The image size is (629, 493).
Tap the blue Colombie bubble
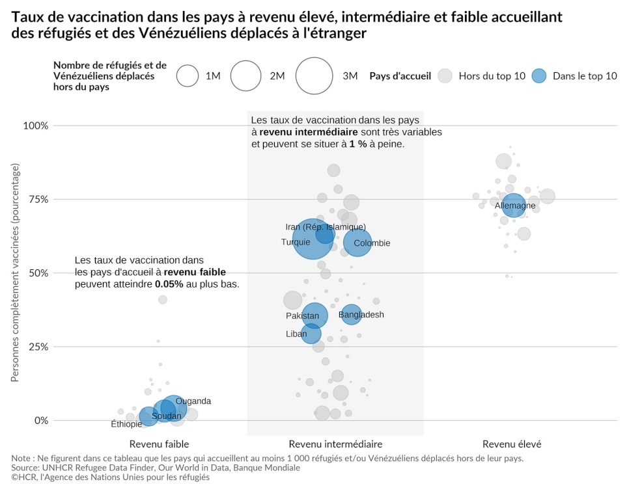point(357,243)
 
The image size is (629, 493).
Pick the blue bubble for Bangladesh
point(351,315)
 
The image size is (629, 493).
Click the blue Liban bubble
point(311,334)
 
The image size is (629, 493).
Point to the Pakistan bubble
point(314,315)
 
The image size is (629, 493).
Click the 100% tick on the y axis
point(36,126)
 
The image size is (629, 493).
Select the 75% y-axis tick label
point(37,199)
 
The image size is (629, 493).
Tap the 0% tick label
point(41,420)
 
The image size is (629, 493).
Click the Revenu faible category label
point(159,444)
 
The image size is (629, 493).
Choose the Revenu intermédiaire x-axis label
point(335,444)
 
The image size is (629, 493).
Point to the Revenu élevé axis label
point(512,444)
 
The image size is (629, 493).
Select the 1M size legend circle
point(188,76)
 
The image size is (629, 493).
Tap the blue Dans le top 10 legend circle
point(539,76)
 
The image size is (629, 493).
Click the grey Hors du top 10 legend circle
point(445,76)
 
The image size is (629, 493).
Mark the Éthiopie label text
point(126,424)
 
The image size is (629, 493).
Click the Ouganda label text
point(193,401)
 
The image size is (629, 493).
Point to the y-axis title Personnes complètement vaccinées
point(16,273)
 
